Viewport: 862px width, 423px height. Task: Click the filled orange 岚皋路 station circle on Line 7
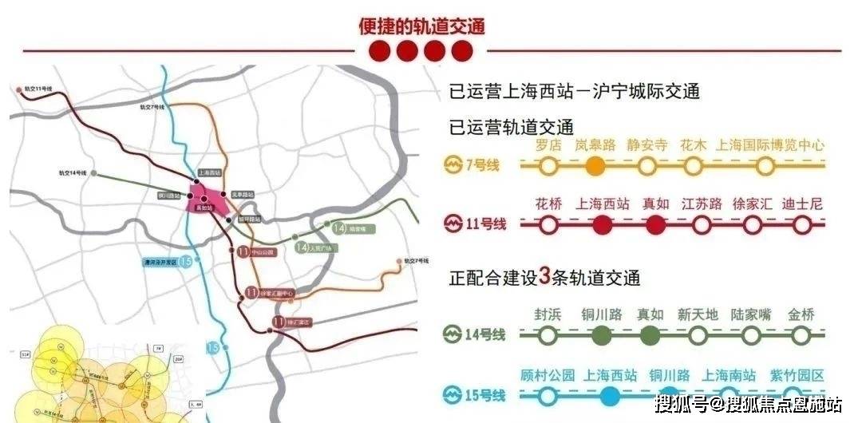[x=594, y=166]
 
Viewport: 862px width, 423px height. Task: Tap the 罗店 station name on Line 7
[x=548, y=146]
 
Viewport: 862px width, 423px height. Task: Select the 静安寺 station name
[x=647, y=146]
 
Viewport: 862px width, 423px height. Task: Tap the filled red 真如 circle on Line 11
[x=654, y=225]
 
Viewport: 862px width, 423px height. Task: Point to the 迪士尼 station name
[x=802, y=204]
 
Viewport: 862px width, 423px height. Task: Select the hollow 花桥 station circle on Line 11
[x=548, y=225]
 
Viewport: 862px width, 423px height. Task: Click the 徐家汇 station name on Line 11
[x=752, y=204]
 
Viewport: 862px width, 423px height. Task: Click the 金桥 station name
[x=801, y=314]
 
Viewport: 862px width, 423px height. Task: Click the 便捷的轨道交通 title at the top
[x=421, y=26]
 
